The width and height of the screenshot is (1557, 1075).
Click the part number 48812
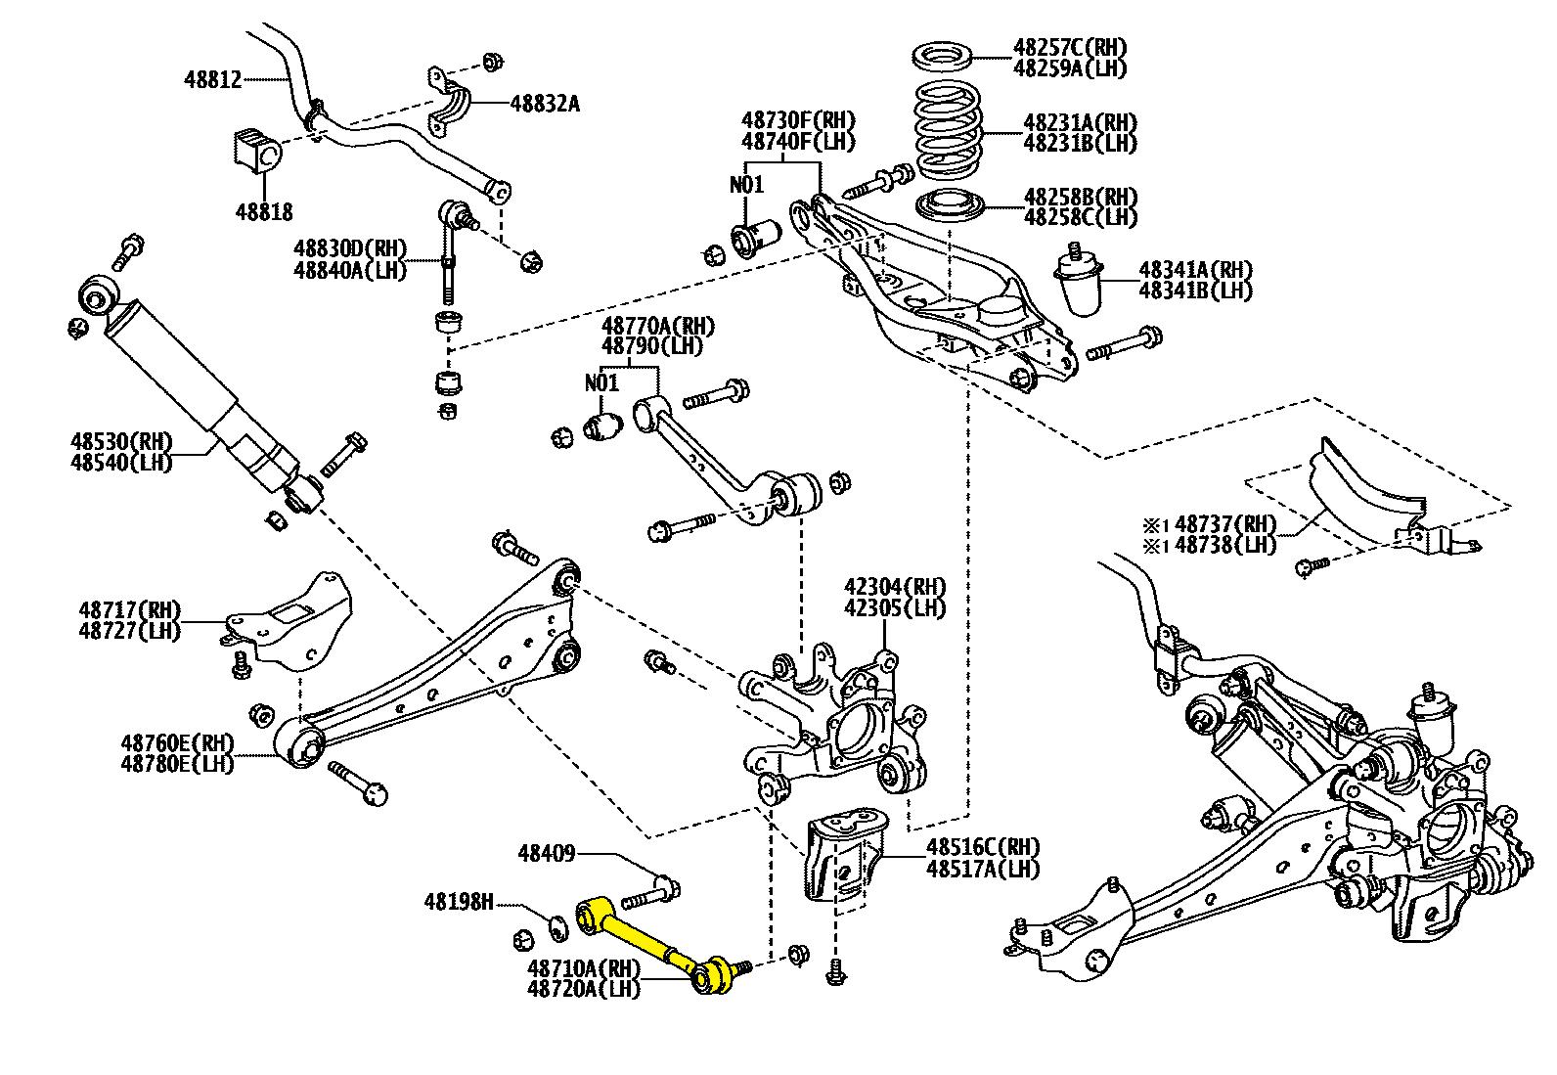click(212, 79)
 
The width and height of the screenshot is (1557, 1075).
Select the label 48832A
click(545, 103)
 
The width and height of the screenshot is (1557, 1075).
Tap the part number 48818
click(264, 211)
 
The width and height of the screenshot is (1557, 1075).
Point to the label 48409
click(547, 854)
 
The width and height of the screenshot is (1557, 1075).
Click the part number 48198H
click(459, 901)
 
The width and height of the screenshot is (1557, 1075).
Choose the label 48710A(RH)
click(584, 967)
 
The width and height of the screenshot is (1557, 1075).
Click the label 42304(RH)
click(895, 587)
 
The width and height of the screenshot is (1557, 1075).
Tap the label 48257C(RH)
click(1070, 47)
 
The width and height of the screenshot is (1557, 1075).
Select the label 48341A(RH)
click(1195, 269)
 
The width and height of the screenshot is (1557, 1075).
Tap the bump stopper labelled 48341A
click(1081, 283)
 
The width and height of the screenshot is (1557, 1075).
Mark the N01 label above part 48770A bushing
click(602, 382)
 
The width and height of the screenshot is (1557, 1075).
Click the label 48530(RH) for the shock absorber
click(121, 441)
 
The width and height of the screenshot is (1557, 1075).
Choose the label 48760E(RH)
click(178, 742)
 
